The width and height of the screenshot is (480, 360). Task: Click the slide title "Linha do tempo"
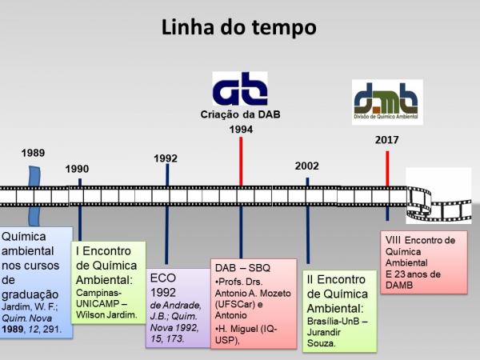pos(238,28)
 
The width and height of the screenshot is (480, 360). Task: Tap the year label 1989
pos(33,153)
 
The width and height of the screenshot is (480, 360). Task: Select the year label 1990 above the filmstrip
pos(77,169)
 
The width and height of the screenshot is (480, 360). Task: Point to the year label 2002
pos(306,166)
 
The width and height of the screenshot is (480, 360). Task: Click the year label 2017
pos(387,140)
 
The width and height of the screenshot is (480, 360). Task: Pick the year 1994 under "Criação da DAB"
pos(241,129)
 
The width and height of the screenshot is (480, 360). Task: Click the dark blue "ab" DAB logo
pos(240,89)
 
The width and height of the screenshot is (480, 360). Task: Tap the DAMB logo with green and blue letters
pos(387,102)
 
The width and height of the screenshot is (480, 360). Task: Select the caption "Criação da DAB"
pos(240,114)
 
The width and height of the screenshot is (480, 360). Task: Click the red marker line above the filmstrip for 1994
pos(241,162)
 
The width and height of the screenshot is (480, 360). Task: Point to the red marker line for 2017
pos(387,168)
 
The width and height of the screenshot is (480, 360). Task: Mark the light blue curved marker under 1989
pos(34,196)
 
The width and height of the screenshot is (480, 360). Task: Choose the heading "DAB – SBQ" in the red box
pos(242,268)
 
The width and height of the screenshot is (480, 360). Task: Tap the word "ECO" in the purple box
pos(163,278)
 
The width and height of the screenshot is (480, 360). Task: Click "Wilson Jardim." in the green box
pos(106,314)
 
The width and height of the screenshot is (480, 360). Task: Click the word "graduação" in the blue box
pos(30,294)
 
